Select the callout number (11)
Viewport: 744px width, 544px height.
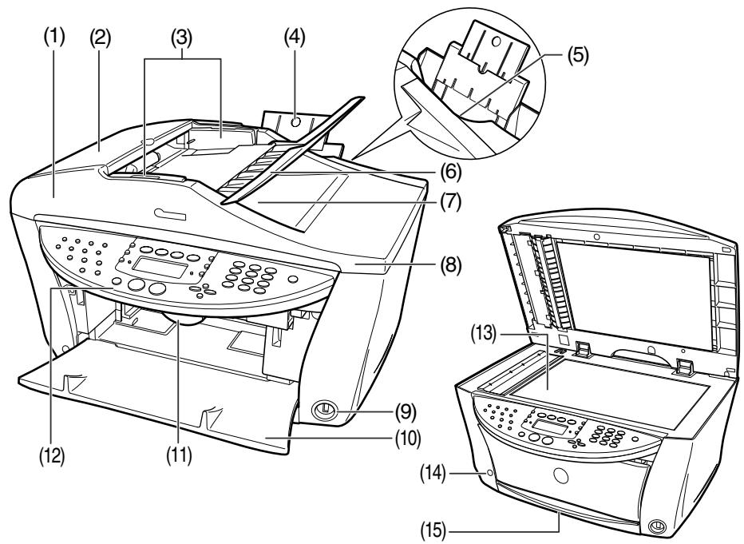(x=180, y=463)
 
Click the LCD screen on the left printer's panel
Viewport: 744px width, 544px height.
(x=155, y=268)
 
